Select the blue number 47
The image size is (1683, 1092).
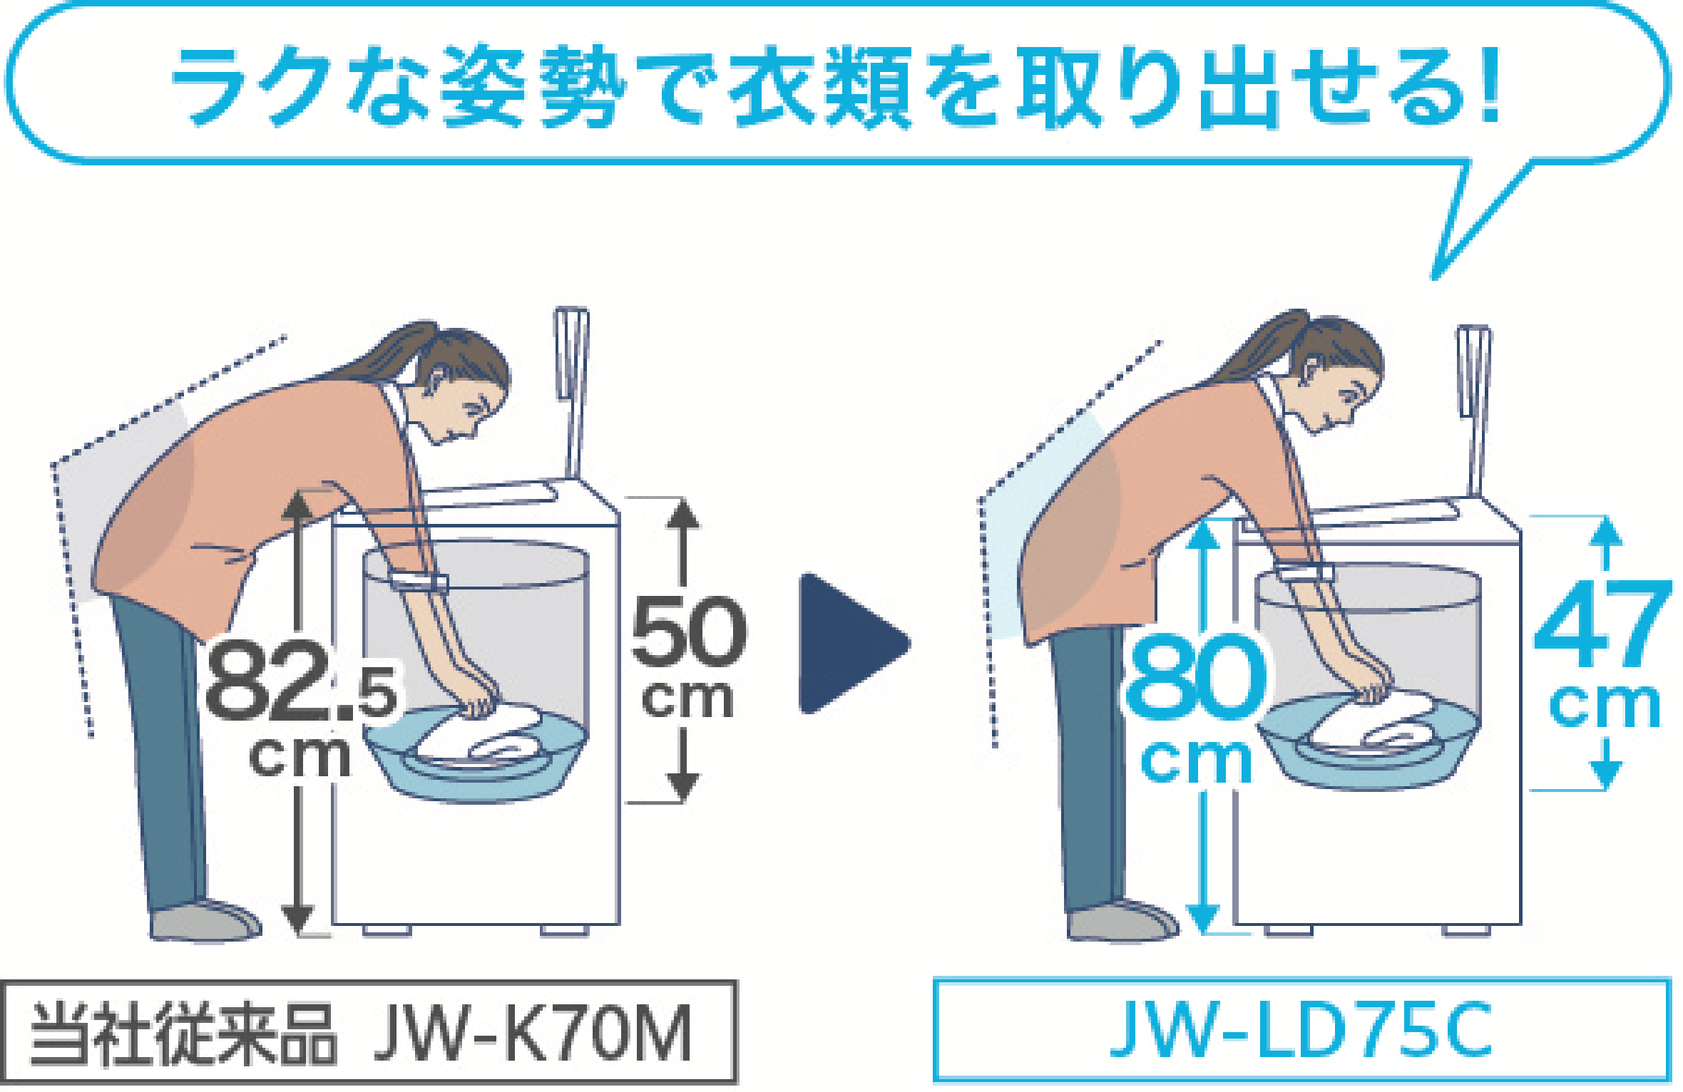pyautogui.click(x=1602, y=625)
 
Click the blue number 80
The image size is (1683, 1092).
pyautogui.click(x=1195, y=677)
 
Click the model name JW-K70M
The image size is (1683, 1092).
pyautogui.click(x=533, y=1034)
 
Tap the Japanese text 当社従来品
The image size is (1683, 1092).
pyautogui.click(x=183, y=1034)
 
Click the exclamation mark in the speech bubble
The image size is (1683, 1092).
pyautogui.click(x=1488, y=84)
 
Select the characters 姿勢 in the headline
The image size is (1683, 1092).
pyautogui.click(x=533, y=87)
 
